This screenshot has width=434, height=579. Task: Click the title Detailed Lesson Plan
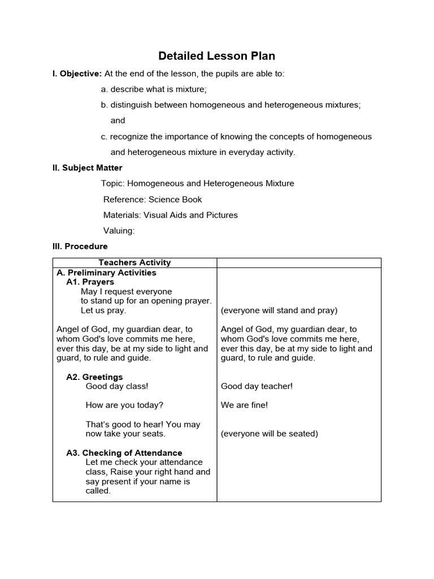pos(217,56)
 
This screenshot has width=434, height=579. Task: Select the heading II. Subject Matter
pos(87,168)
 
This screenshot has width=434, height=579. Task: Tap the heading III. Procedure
pos(80,247)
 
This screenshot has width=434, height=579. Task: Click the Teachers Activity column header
pos(134,262)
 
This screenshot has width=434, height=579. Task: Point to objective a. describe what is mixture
pos(154,89)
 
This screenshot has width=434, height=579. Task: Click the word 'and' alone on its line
pos(118,120)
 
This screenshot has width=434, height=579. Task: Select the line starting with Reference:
pos(153,200)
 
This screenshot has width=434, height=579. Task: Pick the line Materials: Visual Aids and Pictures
pos(170,215)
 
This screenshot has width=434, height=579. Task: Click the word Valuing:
pos(119,231)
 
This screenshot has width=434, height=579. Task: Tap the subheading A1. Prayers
pos(90,282)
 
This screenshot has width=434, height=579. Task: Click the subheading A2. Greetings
pos(94,377)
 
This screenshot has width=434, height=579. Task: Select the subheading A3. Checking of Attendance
pos(124,453)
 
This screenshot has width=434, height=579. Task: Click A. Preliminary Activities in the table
pos(106,273)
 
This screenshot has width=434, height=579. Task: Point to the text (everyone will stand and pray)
pos(279,310)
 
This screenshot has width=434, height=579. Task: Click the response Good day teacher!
pos(257,386)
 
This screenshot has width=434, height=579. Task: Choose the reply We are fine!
pos(244,405)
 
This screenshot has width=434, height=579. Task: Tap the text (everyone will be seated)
pos(270,434)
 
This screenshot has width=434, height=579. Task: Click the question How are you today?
pos(124,405)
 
